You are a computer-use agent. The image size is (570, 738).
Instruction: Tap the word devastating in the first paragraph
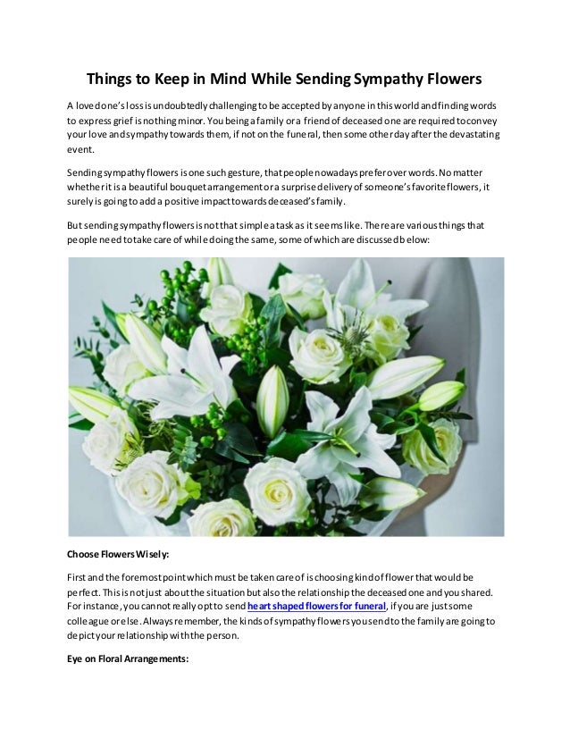[465, 135]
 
